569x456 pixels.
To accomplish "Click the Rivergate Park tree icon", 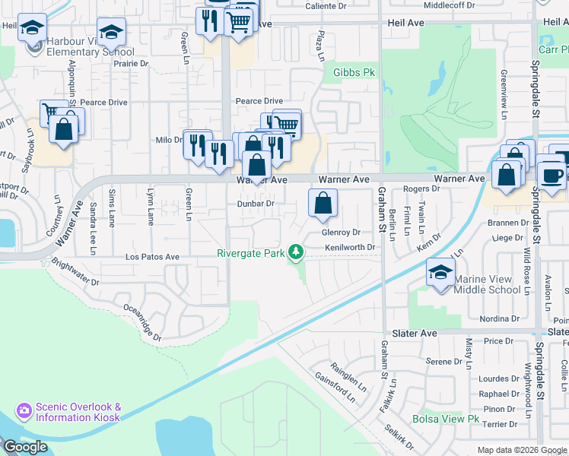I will [298, 252].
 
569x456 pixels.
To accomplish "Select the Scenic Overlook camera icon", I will [24, 411].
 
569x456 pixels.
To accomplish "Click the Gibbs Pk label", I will [350, 73].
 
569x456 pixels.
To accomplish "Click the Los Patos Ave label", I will [152, 258].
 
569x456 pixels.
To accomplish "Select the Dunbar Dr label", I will [255, 204].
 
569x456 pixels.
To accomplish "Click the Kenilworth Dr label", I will [351, 247].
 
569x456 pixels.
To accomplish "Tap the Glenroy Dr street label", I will [340, 233].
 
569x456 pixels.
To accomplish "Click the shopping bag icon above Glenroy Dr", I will [323, 203].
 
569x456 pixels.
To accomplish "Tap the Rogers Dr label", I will [422, 188].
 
